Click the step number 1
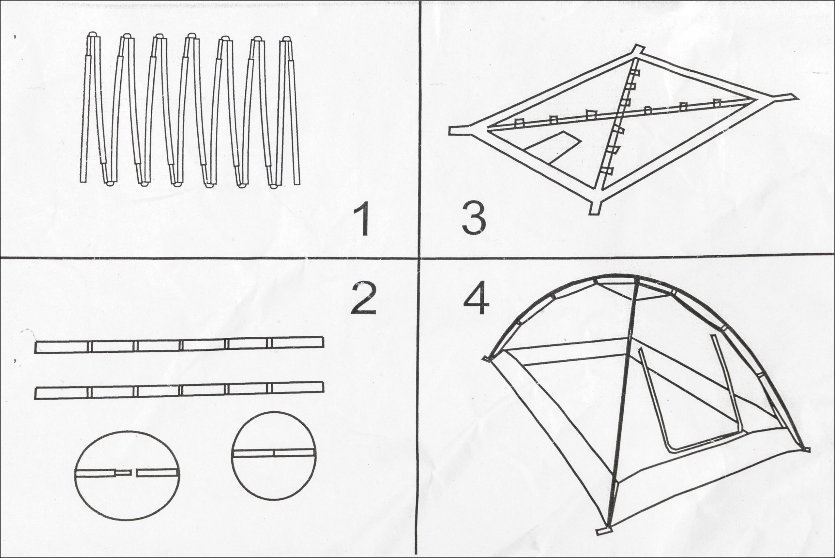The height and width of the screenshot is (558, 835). (362, 219)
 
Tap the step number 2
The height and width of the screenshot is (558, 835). (363, 298)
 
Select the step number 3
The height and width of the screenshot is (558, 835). (474, 218)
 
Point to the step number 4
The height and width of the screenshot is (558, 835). (476, 298)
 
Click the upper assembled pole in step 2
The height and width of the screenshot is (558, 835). (179, 345)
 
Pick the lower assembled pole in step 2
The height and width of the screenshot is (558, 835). (179, 390)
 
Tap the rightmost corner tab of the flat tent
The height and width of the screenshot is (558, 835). (783, 97)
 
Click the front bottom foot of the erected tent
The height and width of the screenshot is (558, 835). (604, 540)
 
